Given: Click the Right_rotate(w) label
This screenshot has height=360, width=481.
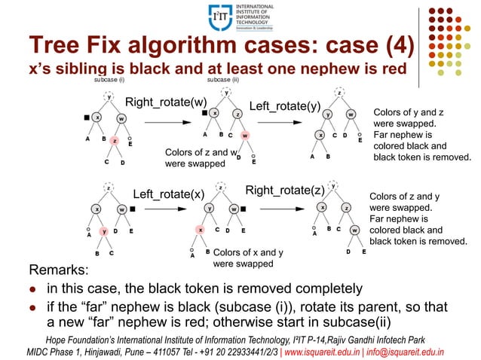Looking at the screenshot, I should pyautogui.click(x=166, y=102).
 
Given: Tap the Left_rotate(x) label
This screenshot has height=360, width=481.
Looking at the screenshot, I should pyautogui.click(x=168, y=193).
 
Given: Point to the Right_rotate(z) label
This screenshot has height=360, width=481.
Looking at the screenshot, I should pyautogui.click(x=285, y=190).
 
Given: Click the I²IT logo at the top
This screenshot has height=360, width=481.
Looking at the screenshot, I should pyautogui.click(x=219, y=16).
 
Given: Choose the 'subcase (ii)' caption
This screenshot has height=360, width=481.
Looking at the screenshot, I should pyautogui.click(x=223, y=78).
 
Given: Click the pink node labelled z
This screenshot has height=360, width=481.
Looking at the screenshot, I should pyautogui.click(x=113, y=140).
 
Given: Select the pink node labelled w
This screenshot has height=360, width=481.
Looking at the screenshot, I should pyautogui.click(x=245, y=136).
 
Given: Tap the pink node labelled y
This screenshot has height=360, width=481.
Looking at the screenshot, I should pyautogui.click(x=104, y=231).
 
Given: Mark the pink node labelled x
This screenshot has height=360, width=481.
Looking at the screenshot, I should pyautogui.click(x=201, y=229).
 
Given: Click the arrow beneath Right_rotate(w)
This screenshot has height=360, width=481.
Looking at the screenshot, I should pyautogui.click(x=166, y=113).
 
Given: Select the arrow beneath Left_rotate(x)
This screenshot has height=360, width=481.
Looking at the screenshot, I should pyautogui.click(x=168, y=205).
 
